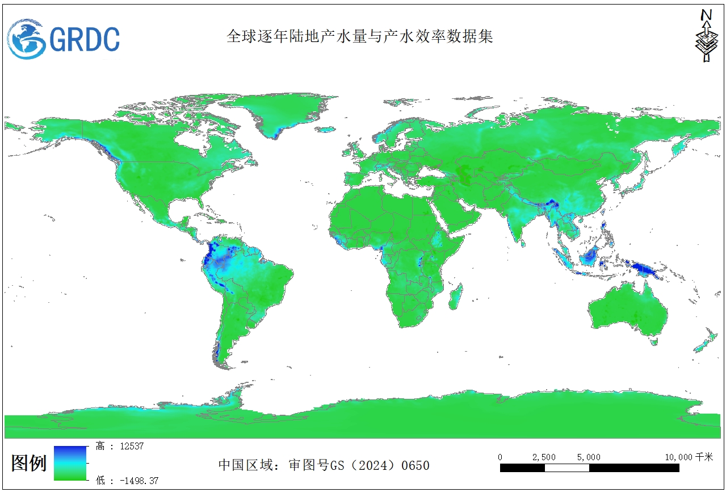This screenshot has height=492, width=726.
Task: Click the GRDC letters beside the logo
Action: pos(85,39)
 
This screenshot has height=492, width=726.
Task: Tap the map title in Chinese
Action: pos(360,36)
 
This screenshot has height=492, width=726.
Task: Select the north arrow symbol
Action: pos(706,36)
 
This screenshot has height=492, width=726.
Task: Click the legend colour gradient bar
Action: pos(70,463)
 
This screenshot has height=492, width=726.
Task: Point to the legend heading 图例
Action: pos(29,463)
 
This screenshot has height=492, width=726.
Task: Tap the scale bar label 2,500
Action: pos(543,457)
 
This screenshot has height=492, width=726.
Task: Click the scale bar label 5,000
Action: pos(588,457)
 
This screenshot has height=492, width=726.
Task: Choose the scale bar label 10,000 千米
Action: pos(689,457)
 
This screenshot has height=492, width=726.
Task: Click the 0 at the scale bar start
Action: pos(500,457)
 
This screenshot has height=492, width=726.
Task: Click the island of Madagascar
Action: pos(454,297)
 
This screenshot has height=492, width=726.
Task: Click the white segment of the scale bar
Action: pos(566,468)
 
